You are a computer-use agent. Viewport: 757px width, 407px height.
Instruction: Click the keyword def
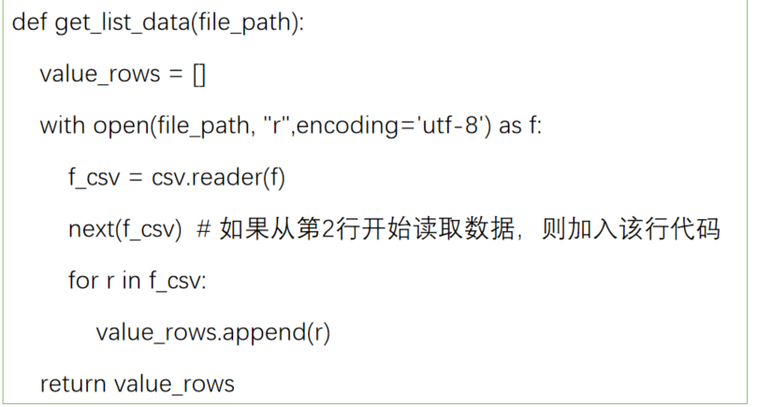coord(30,22)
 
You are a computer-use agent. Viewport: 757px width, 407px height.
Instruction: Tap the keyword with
coord(62,125)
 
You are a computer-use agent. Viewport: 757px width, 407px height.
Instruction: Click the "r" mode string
coord(276,125)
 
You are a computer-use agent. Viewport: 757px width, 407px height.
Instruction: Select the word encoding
coord(350,125)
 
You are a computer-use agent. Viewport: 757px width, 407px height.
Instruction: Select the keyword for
coord(82,280)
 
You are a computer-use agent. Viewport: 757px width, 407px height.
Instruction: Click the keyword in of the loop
coord(130,280)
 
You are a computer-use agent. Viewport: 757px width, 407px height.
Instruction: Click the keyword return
coord(73,383)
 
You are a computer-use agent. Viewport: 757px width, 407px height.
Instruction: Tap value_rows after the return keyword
coord(174,383)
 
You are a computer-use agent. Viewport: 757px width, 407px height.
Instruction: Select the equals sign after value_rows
coord(174,75)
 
